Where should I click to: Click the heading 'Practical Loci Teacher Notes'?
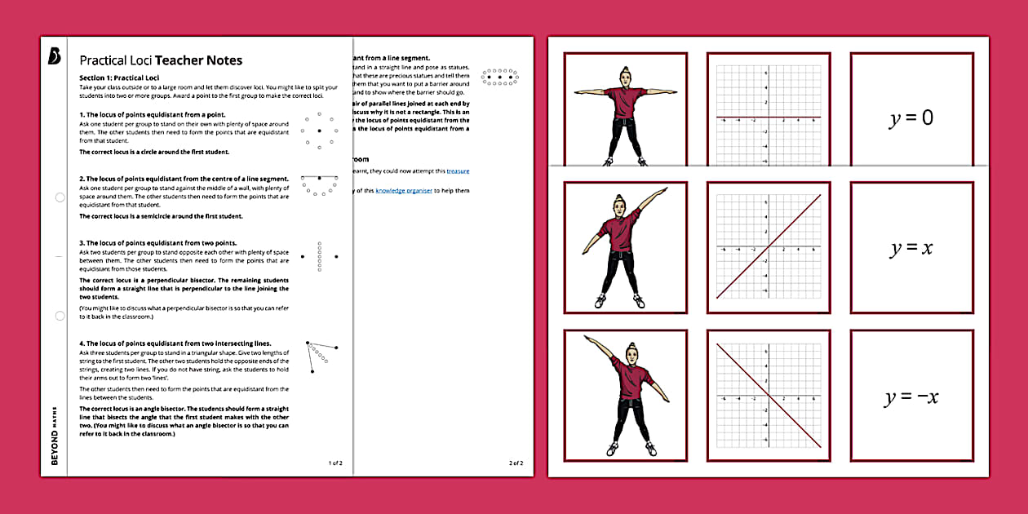point(161,60)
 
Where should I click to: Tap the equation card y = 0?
point(911,119)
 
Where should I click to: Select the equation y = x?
point(911,248)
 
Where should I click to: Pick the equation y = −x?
point(911,397)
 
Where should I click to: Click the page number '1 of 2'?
point(335,463)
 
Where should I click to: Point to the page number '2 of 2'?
point(516,463)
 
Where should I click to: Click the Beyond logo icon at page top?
point(55,56)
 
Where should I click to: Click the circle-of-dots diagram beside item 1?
point(319,131)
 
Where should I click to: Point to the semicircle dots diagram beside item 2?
point(319,184)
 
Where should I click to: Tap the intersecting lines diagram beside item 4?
point(321,357)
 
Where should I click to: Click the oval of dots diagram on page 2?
point(499,77)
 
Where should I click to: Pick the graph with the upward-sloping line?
point(768,247)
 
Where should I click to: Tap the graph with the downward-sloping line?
point(768,395)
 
